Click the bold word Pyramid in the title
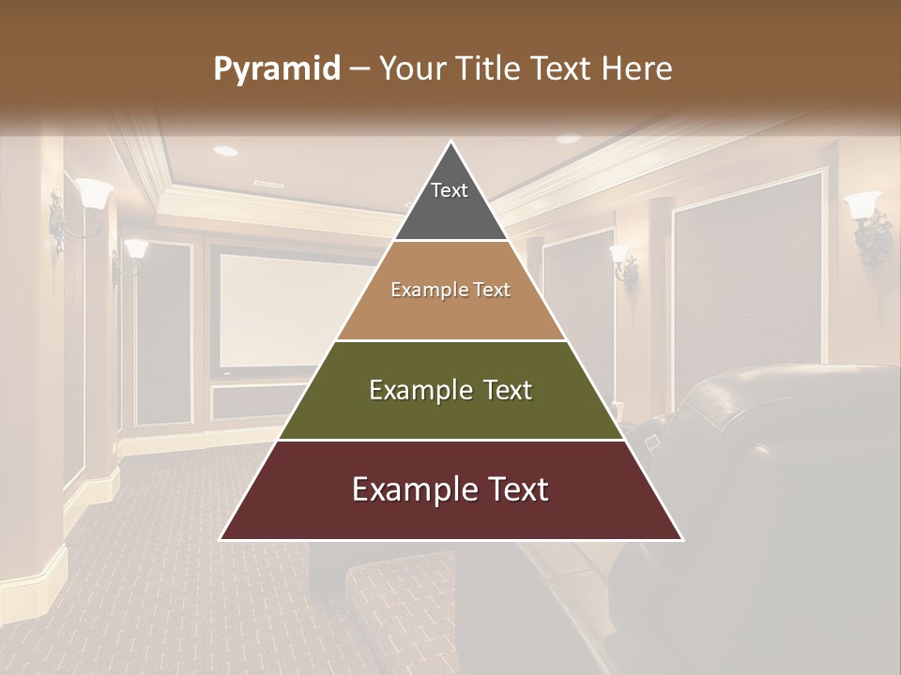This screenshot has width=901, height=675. (x=277, y=69)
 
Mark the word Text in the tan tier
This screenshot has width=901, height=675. (x=491, y=290)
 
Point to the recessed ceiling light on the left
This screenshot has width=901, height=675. (x=225, y=150)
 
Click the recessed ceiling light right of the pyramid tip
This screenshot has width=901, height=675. (x=568, y=139)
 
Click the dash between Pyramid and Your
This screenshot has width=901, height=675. (x=358, y=69)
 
